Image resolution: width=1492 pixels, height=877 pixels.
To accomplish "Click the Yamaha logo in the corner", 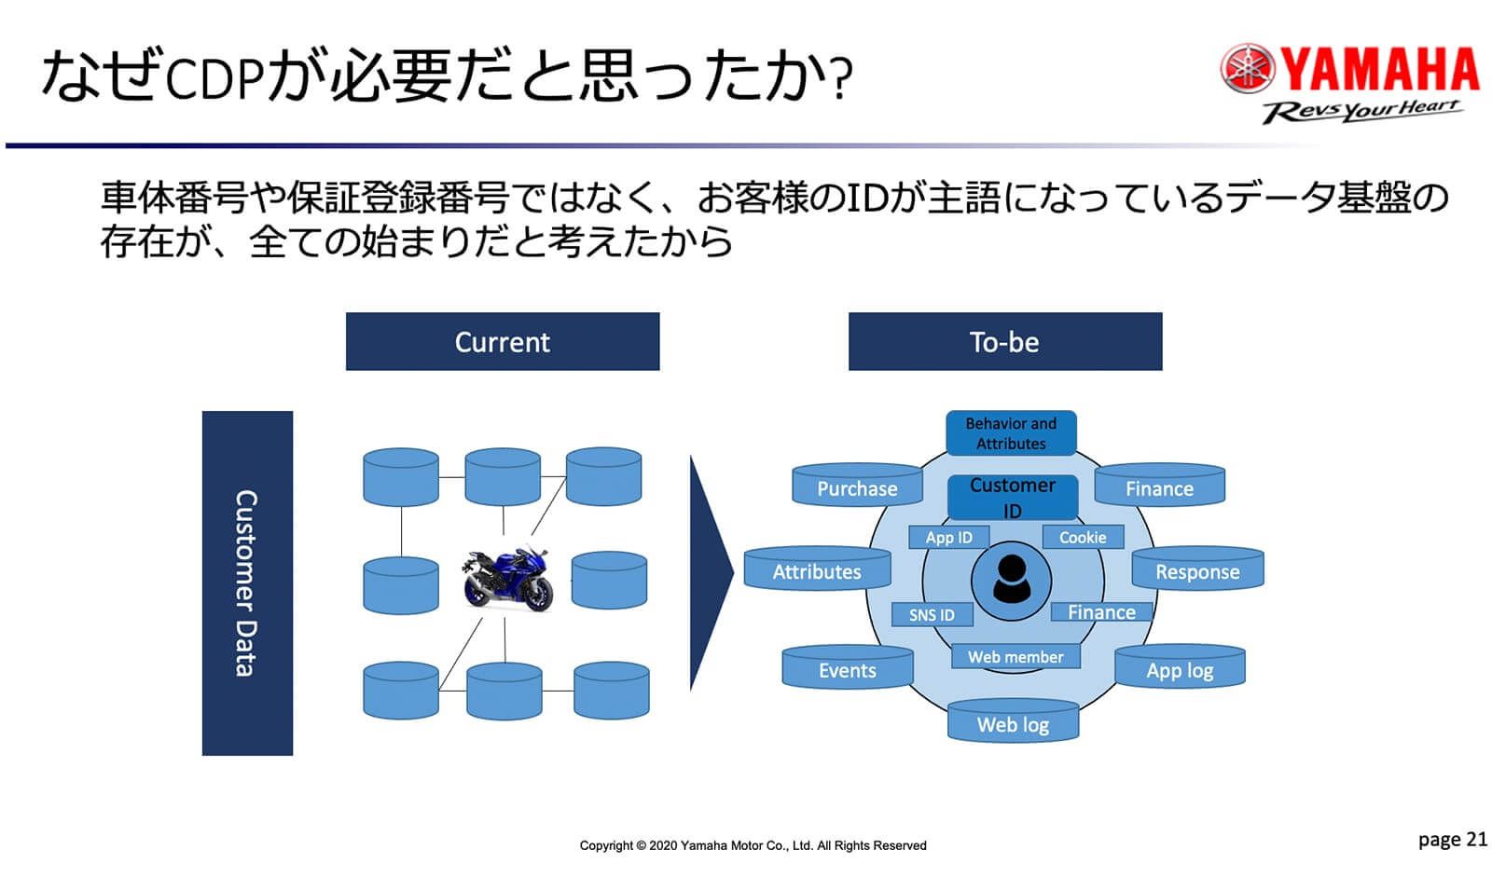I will tap(1349, 82).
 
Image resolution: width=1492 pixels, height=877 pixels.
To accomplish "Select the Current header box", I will tap(502, 342).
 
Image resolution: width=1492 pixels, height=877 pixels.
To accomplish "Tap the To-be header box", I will tap(1004, 342).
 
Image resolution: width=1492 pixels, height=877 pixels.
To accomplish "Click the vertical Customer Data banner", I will tap(247, 582).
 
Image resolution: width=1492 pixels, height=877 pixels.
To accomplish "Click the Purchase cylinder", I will tap(857, 486).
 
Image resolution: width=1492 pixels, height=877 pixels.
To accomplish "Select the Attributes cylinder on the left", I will tap(817, 570).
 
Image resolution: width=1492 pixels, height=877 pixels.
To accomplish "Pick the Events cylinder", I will tap(847, 669).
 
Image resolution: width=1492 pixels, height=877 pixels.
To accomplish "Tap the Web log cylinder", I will tap(1013, 723).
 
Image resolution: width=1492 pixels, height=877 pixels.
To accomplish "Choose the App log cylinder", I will tap(1180, 669).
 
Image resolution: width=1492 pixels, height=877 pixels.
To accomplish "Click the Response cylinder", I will tap(1197, 570).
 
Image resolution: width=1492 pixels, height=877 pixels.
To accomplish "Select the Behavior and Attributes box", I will tap(1011, 433).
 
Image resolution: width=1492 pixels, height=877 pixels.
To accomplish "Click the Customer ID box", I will tap(1013, 498).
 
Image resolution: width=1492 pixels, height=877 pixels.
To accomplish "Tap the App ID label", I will tap(948, 538).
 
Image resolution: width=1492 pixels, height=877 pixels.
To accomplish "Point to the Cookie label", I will tap(1083, 538).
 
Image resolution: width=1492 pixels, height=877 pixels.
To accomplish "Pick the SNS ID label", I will tap(932, 615).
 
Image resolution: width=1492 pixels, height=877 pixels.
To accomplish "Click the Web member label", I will tap(1015, 657).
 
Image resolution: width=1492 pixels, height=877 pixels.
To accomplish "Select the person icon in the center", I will tap(1011, 580).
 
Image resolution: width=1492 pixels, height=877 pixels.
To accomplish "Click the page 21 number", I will tap(1452, 840).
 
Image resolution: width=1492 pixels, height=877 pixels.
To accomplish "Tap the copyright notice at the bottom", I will tap(753, 846).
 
